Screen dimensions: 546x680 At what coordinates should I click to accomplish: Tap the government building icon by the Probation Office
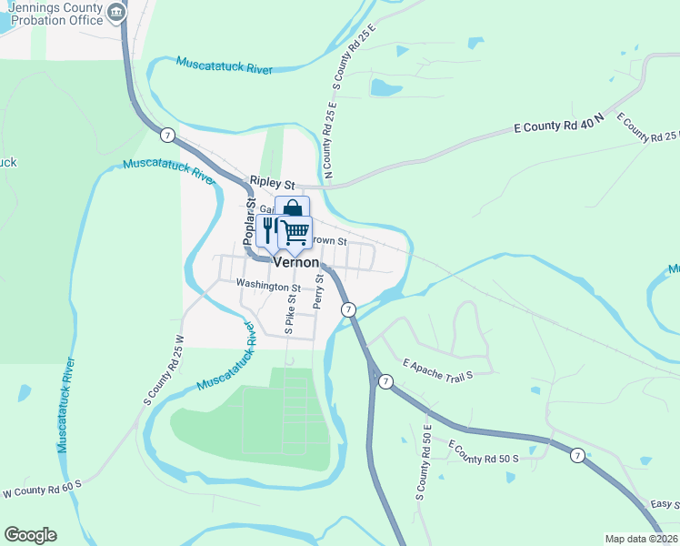116,13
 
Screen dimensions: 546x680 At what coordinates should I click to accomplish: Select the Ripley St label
274,183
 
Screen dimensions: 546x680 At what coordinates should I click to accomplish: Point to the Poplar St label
250,221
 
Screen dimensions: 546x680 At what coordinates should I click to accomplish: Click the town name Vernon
296,261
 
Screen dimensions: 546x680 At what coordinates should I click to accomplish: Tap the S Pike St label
291,315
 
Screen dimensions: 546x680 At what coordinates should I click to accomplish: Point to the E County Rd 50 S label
483,450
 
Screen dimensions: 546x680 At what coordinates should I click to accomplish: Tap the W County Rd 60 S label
42,489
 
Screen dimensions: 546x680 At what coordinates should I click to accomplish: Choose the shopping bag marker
293,208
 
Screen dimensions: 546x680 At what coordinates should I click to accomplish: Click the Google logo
30,535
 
